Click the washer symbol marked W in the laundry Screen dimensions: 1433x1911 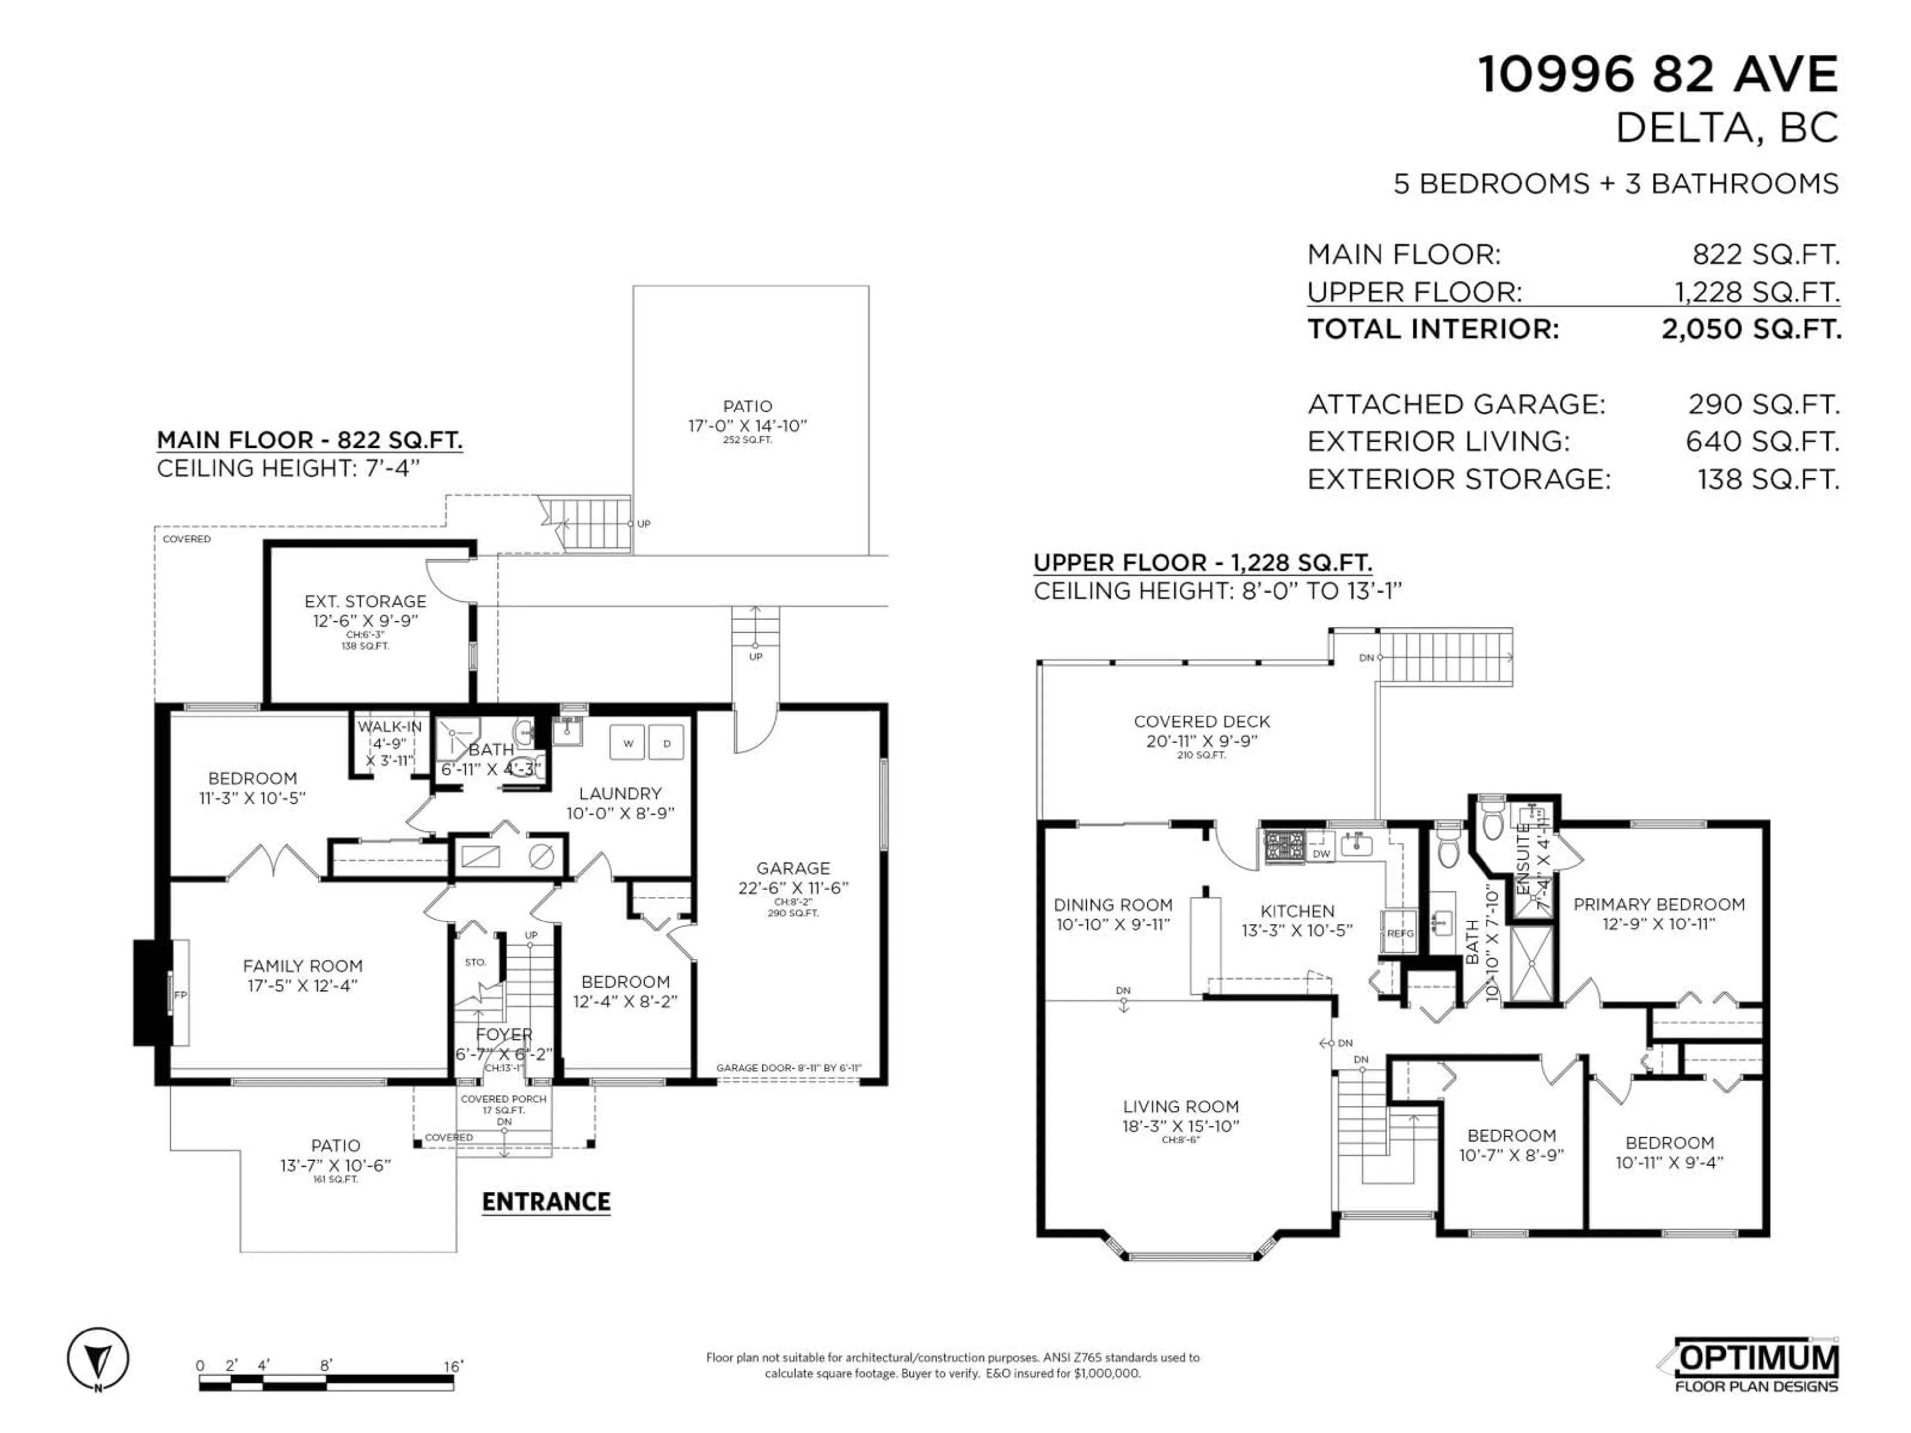627,743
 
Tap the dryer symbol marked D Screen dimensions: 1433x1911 666,743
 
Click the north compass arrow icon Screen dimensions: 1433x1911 99,1359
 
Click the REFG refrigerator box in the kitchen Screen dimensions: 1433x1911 1399,933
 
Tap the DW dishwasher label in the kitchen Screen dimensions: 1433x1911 1321,853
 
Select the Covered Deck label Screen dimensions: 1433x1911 1201,721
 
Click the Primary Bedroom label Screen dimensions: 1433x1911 1658,905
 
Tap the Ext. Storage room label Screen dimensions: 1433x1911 365,601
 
